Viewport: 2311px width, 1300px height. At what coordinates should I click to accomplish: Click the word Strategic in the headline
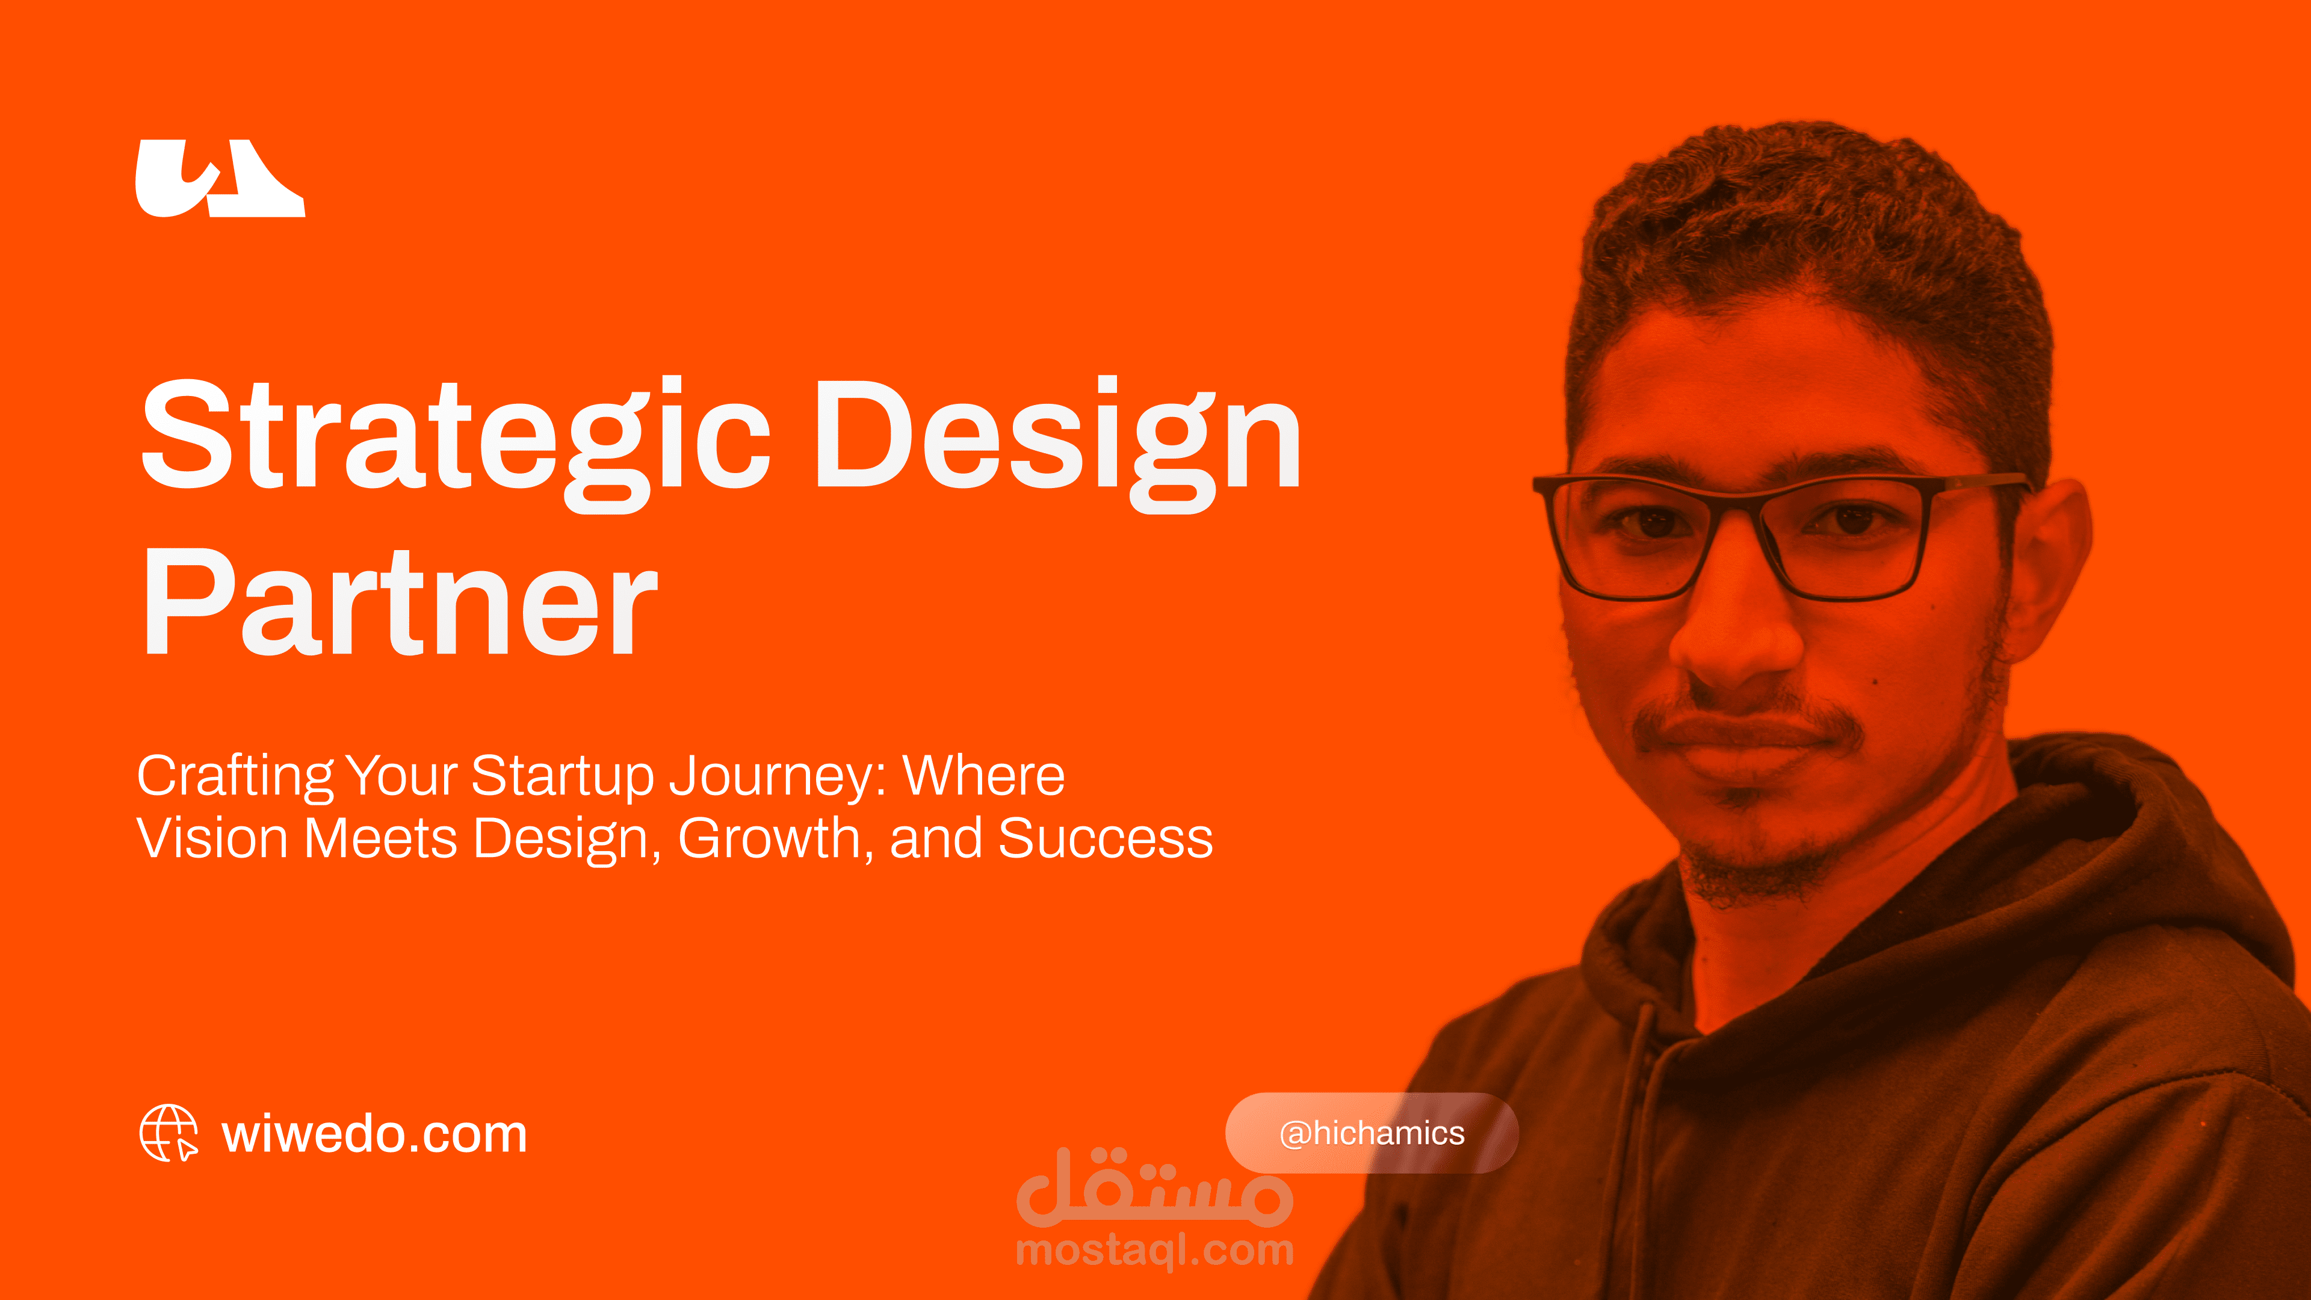click(x=456, y=443)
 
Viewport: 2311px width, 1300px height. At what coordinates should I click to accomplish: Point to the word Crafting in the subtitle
click(x=235, y=777)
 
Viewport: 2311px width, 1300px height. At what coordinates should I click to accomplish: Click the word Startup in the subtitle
click(x=563, y=777)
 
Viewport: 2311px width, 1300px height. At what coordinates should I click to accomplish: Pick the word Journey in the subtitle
click(x=770, y=777)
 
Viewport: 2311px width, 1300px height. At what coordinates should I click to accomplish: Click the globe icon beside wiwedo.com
click(x=169, y=1133)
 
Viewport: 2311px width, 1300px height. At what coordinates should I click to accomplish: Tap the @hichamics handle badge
click(x=1372, y=1133)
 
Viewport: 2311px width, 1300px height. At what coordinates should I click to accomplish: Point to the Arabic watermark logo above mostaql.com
click(x=1155, y=1186)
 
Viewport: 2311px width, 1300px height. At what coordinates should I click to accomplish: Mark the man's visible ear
click(x=2046, y=574)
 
